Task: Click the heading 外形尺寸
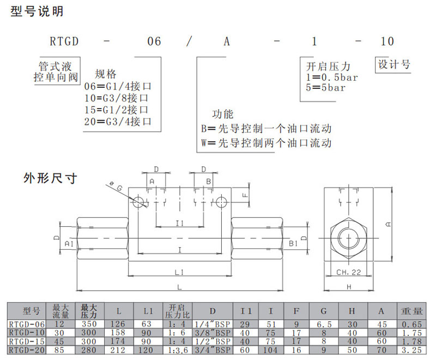coord(46,178)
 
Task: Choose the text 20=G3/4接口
coord(118,121)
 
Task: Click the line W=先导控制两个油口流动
coord(266,143)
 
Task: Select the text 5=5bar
coord(326,88)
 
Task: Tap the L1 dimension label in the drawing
coord(180,271)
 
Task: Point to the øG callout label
coord(116,187)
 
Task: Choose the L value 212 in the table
coord(118,350)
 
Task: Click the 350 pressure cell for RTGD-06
coord(89,324)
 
